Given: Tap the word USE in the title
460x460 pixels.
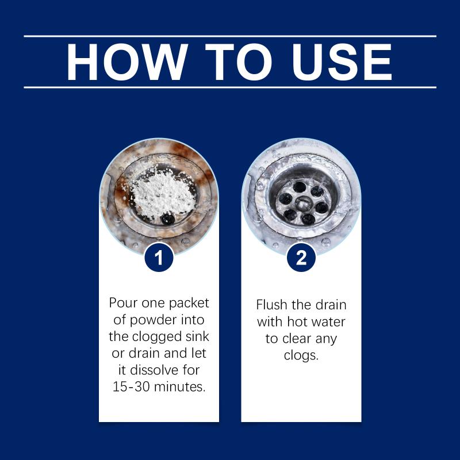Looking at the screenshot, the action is coord(342,62).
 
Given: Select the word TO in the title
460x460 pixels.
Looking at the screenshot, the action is coord(239,62).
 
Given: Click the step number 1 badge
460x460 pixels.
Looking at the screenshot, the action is coord(159,258).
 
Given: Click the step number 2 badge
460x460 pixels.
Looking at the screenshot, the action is coord(301,258).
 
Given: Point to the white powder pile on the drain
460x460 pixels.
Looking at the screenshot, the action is coord(161,193).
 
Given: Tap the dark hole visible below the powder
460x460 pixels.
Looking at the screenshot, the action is coord(168,219).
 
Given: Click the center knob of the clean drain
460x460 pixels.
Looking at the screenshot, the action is coord(304,204).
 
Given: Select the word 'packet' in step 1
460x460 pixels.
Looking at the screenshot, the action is coord(189,304).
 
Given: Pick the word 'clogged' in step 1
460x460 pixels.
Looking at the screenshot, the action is coord(159,337).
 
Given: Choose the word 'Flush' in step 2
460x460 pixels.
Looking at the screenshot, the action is coord(271,305).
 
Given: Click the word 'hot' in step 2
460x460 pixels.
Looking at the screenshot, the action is coord(297,321).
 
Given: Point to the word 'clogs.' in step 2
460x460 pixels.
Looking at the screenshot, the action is coord(301,355).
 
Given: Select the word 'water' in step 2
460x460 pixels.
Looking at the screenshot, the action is coord(328,322).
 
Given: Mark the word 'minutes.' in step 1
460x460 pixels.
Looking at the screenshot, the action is coord(179,386).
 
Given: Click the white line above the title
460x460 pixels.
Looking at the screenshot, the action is coord(230,36).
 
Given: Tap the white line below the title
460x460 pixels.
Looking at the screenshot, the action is coord(230,87).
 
